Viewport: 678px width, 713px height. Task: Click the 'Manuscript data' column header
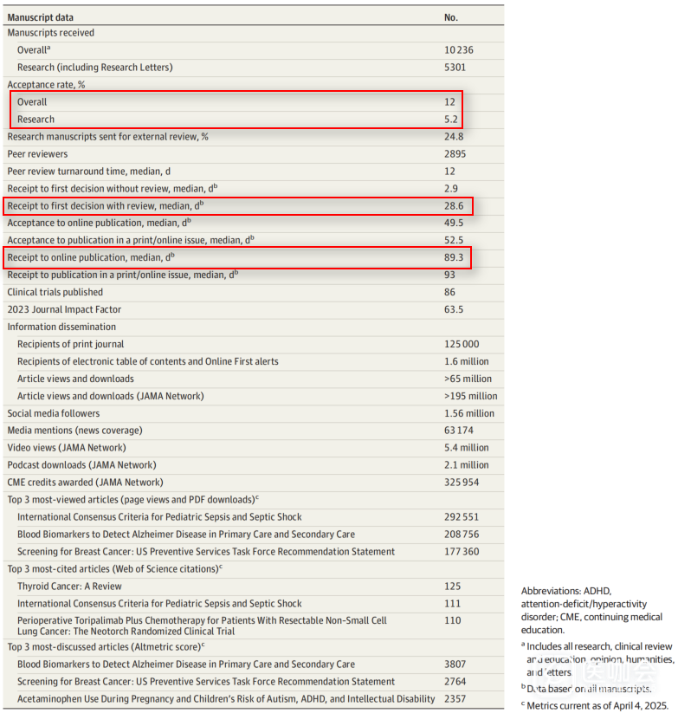(40, 16)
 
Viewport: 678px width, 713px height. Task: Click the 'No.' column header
(451, 16)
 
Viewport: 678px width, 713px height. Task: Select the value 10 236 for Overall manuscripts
(459, 50)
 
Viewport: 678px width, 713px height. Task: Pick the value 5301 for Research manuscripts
(455, 68)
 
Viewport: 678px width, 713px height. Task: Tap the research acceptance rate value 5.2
(450, 120)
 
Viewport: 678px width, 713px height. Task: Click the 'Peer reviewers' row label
(37, 154)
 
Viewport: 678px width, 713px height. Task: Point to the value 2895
(455, 154)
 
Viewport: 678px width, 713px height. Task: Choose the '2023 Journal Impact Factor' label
(64, 309)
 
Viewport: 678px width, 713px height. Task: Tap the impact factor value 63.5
(453, 309)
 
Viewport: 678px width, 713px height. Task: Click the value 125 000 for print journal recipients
(462, 344)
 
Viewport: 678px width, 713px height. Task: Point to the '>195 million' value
(470, 396)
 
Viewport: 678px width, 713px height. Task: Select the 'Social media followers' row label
(54, 413)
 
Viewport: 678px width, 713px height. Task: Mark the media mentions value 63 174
(459, 431)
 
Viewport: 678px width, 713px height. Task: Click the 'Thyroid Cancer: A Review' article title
(69, 587)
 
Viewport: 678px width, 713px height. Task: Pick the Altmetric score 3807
(455, 664)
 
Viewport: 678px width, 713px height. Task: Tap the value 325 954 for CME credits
(462, 483)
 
